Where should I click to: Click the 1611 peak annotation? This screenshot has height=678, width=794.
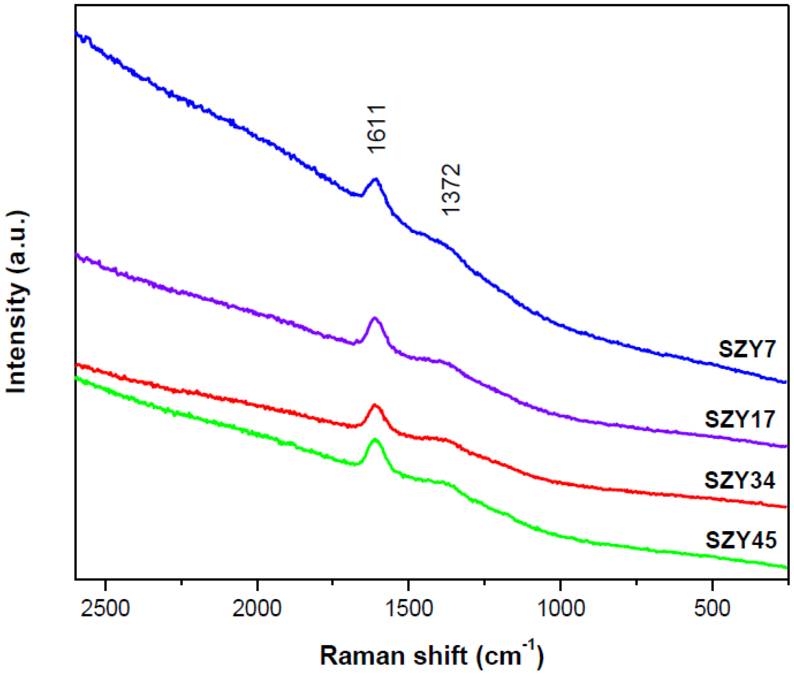click(376, 129)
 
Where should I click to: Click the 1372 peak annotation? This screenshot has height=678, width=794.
click(452, 189)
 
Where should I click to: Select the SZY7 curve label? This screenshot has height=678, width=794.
click(747, 350)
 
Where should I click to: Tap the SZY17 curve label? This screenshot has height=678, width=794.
click(739, 419)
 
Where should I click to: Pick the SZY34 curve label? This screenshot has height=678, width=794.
click(739, 480)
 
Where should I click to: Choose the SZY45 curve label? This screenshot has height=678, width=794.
click(741, 540)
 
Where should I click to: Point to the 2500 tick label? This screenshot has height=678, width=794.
click(106, 608)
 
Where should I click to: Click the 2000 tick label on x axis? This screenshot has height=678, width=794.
click(257, 608)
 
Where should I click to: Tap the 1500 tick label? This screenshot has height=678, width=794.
click(408, 608)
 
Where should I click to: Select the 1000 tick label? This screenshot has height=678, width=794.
click(560, 608)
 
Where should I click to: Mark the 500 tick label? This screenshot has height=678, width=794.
click(712, 608)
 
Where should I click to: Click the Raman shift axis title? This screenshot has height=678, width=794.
click(431, 655)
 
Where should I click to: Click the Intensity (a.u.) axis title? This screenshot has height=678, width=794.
click(17, 302)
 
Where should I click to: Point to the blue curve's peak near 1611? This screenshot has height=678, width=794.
click(376, 179)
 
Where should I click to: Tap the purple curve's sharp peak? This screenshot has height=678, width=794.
click(375, 318)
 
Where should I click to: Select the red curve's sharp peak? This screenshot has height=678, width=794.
click(375, 405)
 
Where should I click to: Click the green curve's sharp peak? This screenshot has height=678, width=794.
click(375, 440)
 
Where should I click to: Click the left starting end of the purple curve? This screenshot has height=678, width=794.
click(77, 255)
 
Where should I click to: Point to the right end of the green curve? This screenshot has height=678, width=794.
click(785, 567)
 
